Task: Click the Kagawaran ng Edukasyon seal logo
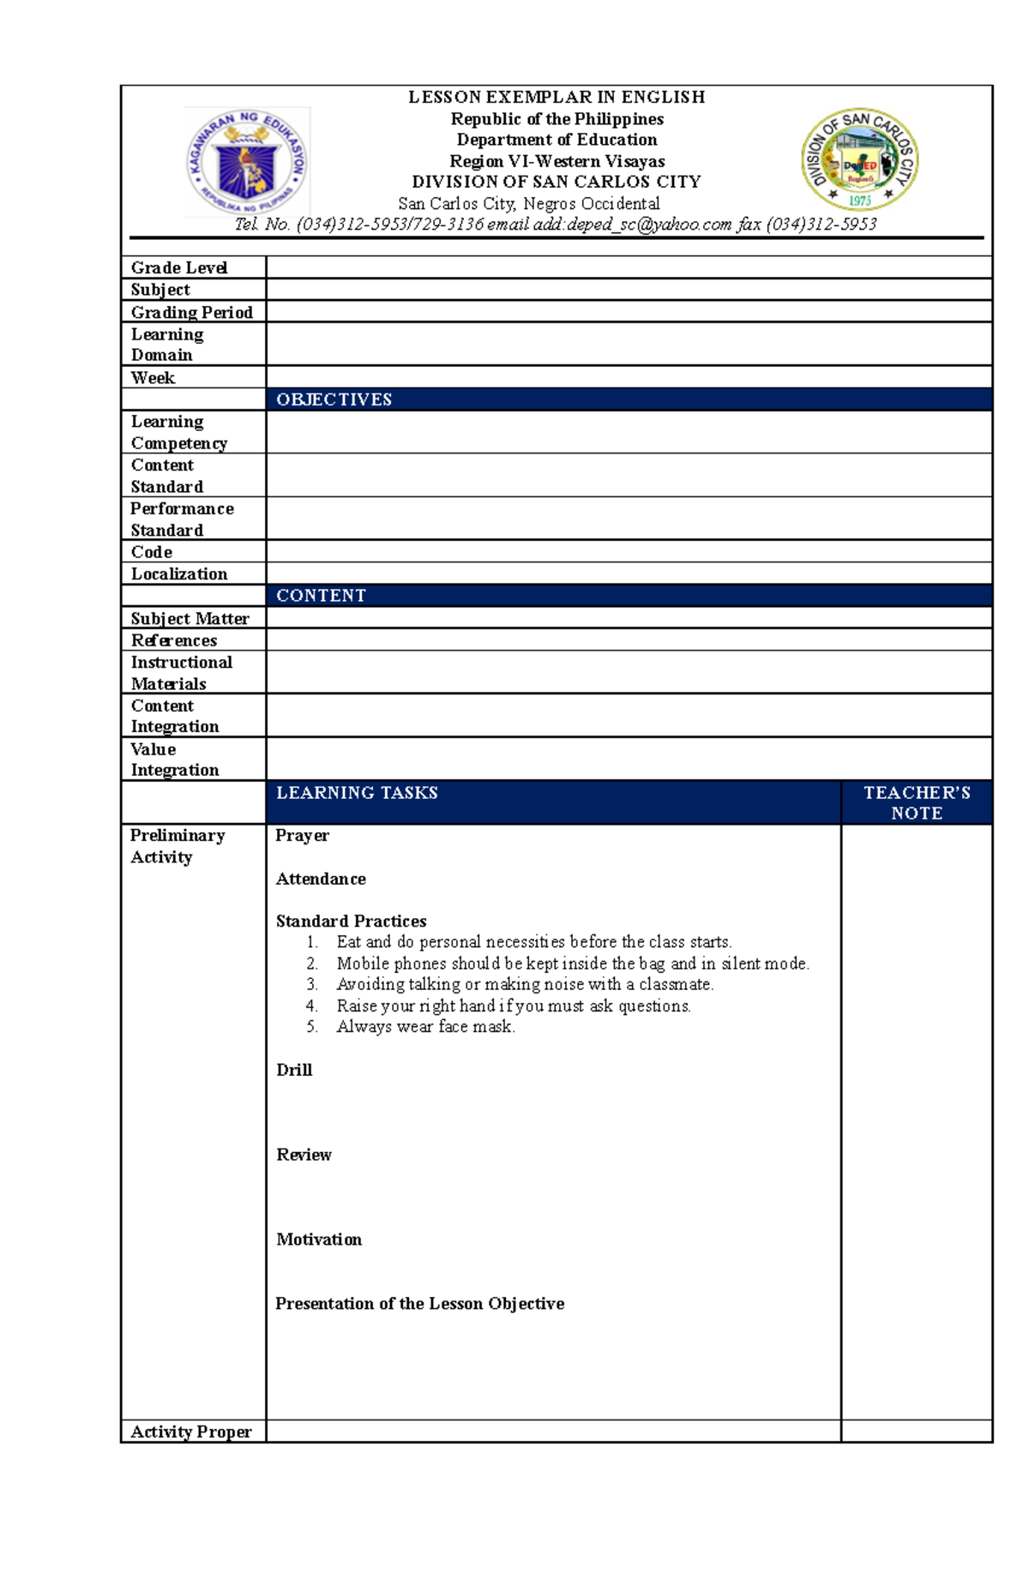(247, 162)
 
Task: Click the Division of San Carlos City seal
(859, 159)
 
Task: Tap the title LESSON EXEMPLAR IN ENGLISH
(557, 97)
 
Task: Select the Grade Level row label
(179, 267)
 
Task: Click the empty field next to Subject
(629, 290)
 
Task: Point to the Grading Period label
(191, 312)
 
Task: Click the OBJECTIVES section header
(334, 399)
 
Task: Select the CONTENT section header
(321, 596)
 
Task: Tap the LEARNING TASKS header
(357, 793)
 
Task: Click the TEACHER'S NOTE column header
(917, 802)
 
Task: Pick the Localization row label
(179, 574)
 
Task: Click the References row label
(174, 640)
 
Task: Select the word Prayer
(302, 836)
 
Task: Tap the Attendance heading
(321, 879)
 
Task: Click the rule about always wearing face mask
(425, 1027)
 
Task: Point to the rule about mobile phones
(572, 964)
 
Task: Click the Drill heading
(294, 1070)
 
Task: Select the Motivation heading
(319, 1240)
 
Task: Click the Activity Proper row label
(191, 1432)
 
